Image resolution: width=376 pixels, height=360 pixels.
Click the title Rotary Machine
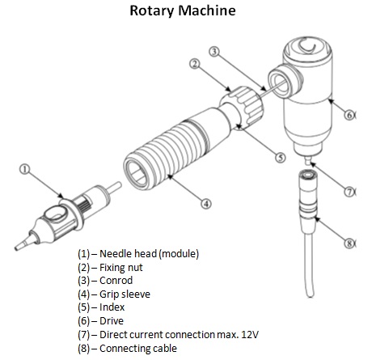[183, 11]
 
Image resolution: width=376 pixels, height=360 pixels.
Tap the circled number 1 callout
[24, 169]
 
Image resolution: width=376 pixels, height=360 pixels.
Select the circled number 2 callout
[195, 64]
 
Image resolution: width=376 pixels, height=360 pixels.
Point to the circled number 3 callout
[214, 51]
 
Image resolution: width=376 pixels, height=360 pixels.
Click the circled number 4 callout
[206, 203]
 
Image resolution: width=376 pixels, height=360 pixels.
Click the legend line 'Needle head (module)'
[138, 254]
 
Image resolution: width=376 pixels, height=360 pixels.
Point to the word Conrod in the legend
[116, 281]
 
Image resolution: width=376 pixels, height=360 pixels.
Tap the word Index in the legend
[112, 307]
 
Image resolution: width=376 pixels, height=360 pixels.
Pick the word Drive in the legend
[112, 321]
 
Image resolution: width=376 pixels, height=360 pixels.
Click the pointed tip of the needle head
[16, 248]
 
